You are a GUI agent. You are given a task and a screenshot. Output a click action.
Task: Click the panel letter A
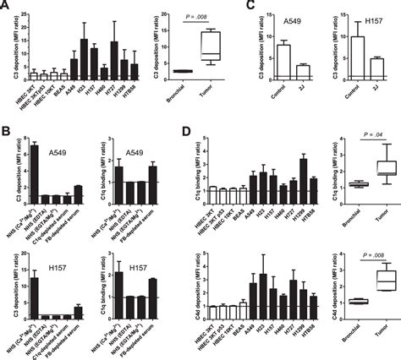point(7,7)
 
